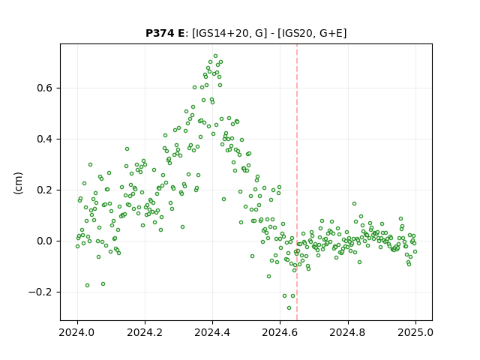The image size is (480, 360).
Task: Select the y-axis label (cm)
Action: point(18,183)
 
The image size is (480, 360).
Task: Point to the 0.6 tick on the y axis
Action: point(45,88)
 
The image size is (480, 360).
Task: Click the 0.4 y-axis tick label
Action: point(45,139)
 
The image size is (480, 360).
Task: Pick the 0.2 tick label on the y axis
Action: point(45,190)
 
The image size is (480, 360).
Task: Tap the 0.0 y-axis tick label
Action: point(45,241)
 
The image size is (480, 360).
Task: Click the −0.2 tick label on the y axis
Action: point(40,292)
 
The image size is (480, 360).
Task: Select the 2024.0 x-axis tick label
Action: point(77,332)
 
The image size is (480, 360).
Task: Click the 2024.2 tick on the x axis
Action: point(145,332)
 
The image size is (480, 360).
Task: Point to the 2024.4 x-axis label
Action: point(212,332)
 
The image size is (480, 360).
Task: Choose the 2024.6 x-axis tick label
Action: point(280,332)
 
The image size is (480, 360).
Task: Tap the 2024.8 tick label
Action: point(348,332)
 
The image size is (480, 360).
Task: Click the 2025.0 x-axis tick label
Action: point(415,332)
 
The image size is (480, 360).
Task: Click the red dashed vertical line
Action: point(297,182)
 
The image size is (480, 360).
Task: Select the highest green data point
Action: point(215,56)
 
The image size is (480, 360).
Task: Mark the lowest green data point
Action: point(289,308)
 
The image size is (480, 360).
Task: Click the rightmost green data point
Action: point(415,252)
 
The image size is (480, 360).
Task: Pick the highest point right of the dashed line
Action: point(354,204)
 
